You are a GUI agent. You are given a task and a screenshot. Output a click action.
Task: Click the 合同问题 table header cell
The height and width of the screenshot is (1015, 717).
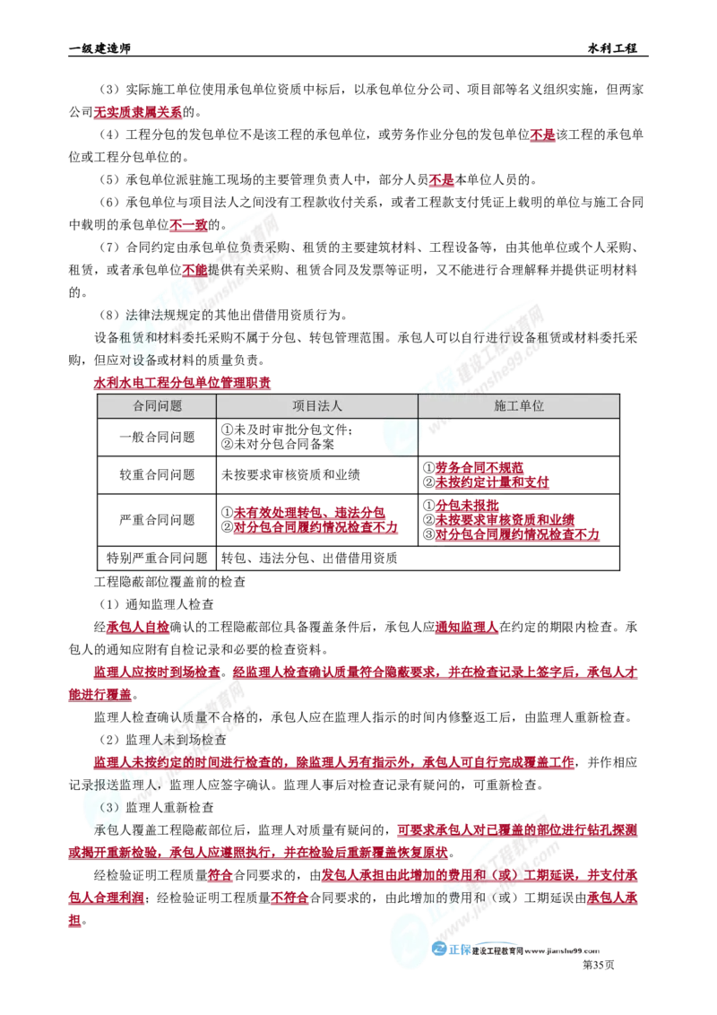[x=157, y=406]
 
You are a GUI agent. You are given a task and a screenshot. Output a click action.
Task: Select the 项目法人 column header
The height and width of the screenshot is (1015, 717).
[x=316, y=406]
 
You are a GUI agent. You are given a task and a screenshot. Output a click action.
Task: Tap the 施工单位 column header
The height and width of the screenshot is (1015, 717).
[x=519, y=406]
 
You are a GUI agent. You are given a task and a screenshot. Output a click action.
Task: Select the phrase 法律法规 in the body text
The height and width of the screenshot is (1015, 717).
[x=143, y=315]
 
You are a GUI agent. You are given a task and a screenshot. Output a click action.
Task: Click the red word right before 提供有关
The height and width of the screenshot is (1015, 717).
[x=194, y=269]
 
